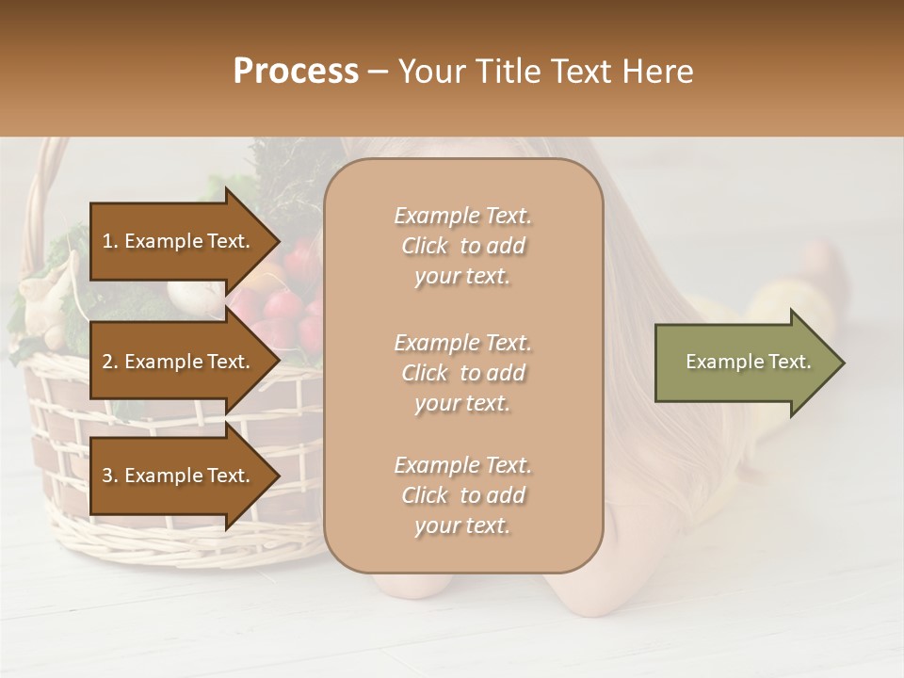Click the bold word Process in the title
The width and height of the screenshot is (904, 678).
tap(296, 72)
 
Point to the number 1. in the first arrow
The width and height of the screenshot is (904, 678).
tap(109, 242)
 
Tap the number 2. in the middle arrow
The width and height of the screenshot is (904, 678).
tap(109, 363)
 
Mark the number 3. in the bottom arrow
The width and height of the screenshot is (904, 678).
tap(109, 476)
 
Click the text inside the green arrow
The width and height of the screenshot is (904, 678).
tap(748, 362)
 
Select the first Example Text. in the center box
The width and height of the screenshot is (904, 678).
tap(462, 216)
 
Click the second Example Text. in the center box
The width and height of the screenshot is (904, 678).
tap(462, 343)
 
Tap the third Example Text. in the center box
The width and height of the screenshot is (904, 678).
tap(462, 465)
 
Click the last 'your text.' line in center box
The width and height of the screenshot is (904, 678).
tap(462, 525)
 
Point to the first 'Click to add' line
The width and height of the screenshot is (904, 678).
tap(462, 246)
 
